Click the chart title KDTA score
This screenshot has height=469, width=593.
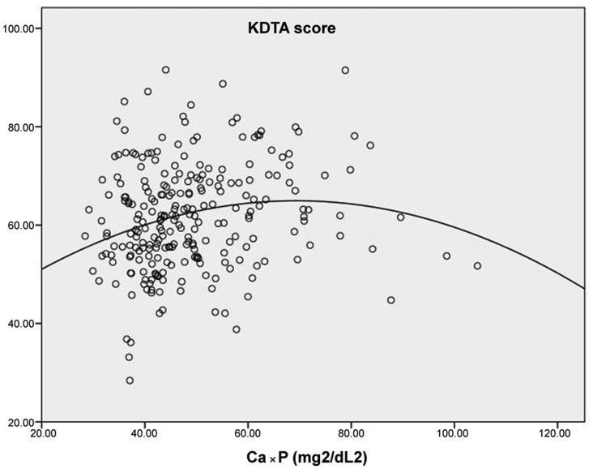tap(292, 28)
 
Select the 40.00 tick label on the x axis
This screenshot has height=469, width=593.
tap(145, 435)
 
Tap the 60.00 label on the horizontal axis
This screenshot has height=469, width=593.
tap(248, 435)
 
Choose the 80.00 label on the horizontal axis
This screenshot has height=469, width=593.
tap(351, 435)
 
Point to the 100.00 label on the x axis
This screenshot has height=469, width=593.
tap(454, 435)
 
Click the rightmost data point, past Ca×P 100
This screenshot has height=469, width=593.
tap(477, 266)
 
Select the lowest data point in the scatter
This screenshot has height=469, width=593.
tap(130, 381)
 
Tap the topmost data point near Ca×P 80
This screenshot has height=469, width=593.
tap(345, 71)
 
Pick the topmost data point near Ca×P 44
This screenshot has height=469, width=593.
tap(165, 71)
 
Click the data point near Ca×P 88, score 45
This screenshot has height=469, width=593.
tap(391, 300)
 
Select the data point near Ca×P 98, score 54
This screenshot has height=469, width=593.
tap(446, 256)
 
